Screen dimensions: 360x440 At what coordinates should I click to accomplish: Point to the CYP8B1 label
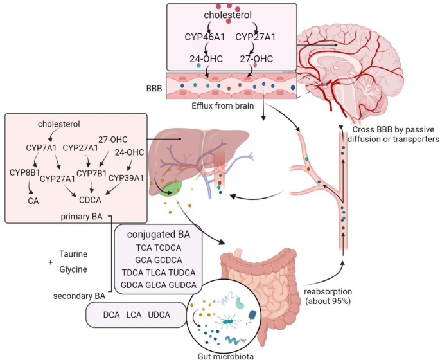pos(25,172)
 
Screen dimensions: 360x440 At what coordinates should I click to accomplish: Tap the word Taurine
pos(75,254)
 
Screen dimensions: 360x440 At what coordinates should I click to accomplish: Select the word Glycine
pos(74,269)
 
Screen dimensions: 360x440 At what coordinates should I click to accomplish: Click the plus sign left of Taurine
pos(50,262)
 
